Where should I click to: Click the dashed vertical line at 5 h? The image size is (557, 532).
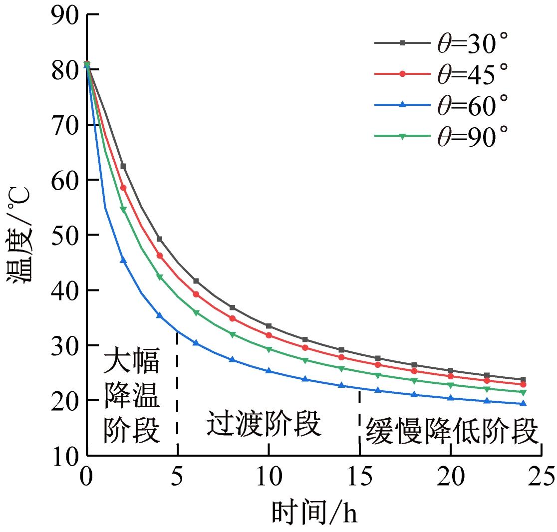(x=178, y=389)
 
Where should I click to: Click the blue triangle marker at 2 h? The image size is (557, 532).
(x=123, y=261)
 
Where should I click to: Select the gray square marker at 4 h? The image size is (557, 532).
(x=160, y=239)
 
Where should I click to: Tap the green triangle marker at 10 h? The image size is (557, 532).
(x=269, y=349)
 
